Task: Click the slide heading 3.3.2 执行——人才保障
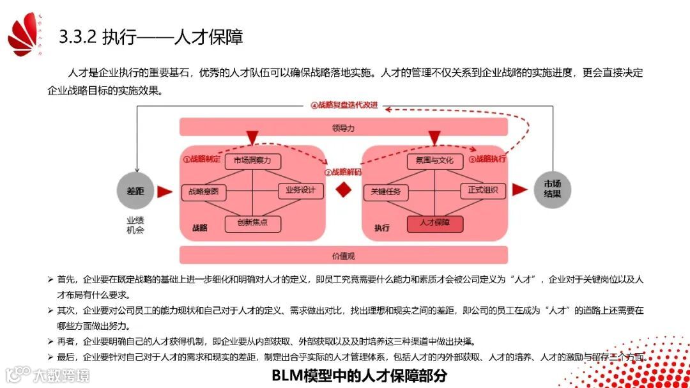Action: coord(151,37)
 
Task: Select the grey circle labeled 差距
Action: coord(135,190)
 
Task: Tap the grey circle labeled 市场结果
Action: coord(552,189)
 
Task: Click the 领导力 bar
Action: coord(343,127)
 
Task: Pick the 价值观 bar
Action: coord(343,255)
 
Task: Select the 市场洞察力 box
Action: coord(252,160)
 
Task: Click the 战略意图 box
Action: coord(204,191)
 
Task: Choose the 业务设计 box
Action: coord(301,190)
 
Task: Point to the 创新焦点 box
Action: coord(252,223)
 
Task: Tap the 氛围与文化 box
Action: coord(434,160)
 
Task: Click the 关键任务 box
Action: coord(386,191)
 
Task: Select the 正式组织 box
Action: coord(483,190)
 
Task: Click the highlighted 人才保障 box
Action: coord(434,223)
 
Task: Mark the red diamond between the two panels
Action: coord(344,190)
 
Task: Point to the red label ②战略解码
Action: coord(343,172)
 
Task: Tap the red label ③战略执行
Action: coord(487,159)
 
